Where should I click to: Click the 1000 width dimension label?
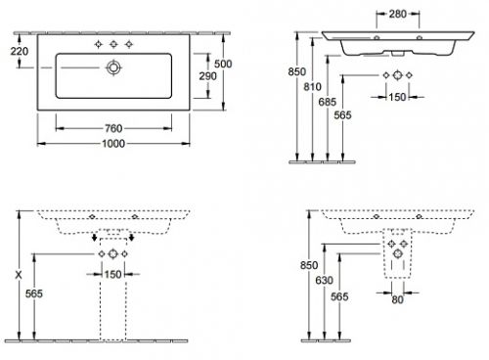pos(113,144)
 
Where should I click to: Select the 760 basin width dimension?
pos(113,128)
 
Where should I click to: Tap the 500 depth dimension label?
pos(223,64)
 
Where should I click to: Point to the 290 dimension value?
pos(207,76)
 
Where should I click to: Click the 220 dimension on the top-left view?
pos(20,51)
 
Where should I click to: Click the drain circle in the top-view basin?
pos(113,67)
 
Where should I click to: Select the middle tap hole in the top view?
pos(113,44)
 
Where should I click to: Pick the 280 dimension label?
pos(398,14)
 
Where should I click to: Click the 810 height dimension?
pos(312,87)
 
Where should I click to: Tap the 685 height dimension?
pos(328,102)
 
